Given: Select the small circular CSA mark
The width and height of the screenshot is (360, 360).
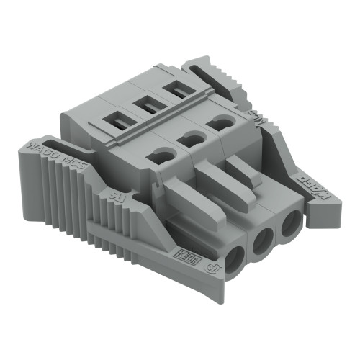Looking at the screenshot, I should (x=212, y=269).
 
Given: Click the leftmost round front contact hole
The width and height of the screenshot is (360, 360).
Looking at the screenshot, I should (x=238, y=256).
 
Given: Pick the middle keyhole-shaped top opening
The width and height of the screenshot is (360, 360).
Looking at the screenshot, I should (x=190, y=138).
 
